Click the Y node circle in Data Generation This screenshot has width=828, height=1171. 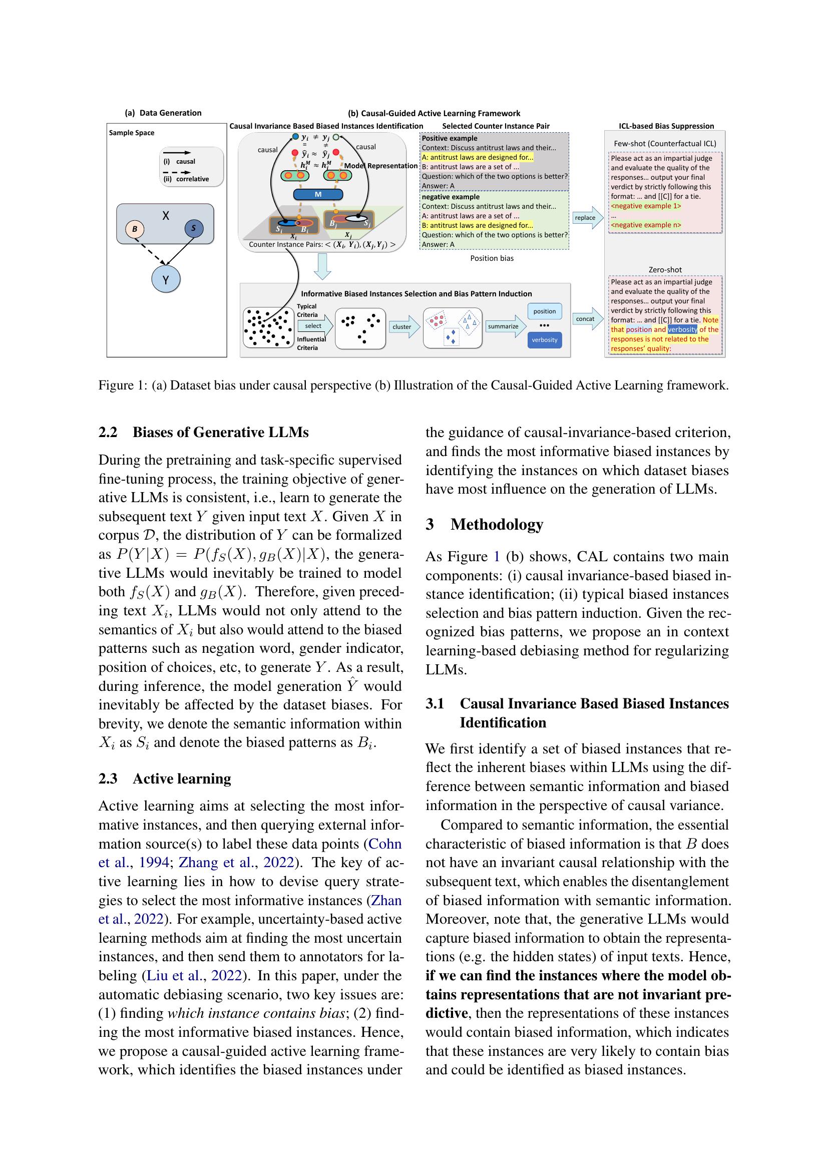pyautogui.click(x=166, y=279)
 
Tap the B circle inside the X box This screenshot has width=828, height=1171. pyautogui.click(x=135, y=229)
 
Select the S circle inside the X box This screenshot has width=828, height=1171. pyautogui.click(x=194, y=228)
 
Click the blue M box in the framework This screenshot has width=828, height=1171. pyautogui.click(x=318, y=194)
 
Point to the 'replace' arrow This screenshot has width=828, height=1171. pyautogui.click(x=587, y=218)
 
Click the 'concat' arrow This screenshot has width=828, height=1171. pyautogui.click(x=587, y=319)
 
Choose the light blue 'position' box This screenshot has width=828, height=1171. pyautogui.click(x=545, y=311)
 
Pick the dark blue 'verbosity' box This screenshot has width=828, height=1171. pyautogui.click(x=545, y=340)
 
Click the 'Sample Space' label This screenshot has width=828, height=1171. pyautogui.click(x=132, y=133)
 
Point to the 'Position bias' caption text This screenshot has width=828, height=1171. pyautogui.click(x=492, y=258)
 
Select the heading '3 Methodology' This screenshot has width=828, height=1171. pyautogui.click(x=485, y=524)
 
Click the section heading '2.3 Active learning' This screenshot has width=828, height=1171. pyautogui.click(x=165, y=778)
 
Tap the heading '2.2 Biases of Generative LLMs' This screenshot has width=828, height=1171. pyautogui.click(x=203, y=432)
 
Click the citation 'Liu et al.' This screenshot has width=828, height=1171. pyautogui.click(x=173, y=975)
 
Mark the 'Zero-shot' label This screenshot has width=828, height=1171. pyautogui.click(x=665, y=270)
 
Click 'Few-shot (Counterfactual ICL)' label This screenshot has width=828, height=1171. pyautogui.click(x=665, y=144)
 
